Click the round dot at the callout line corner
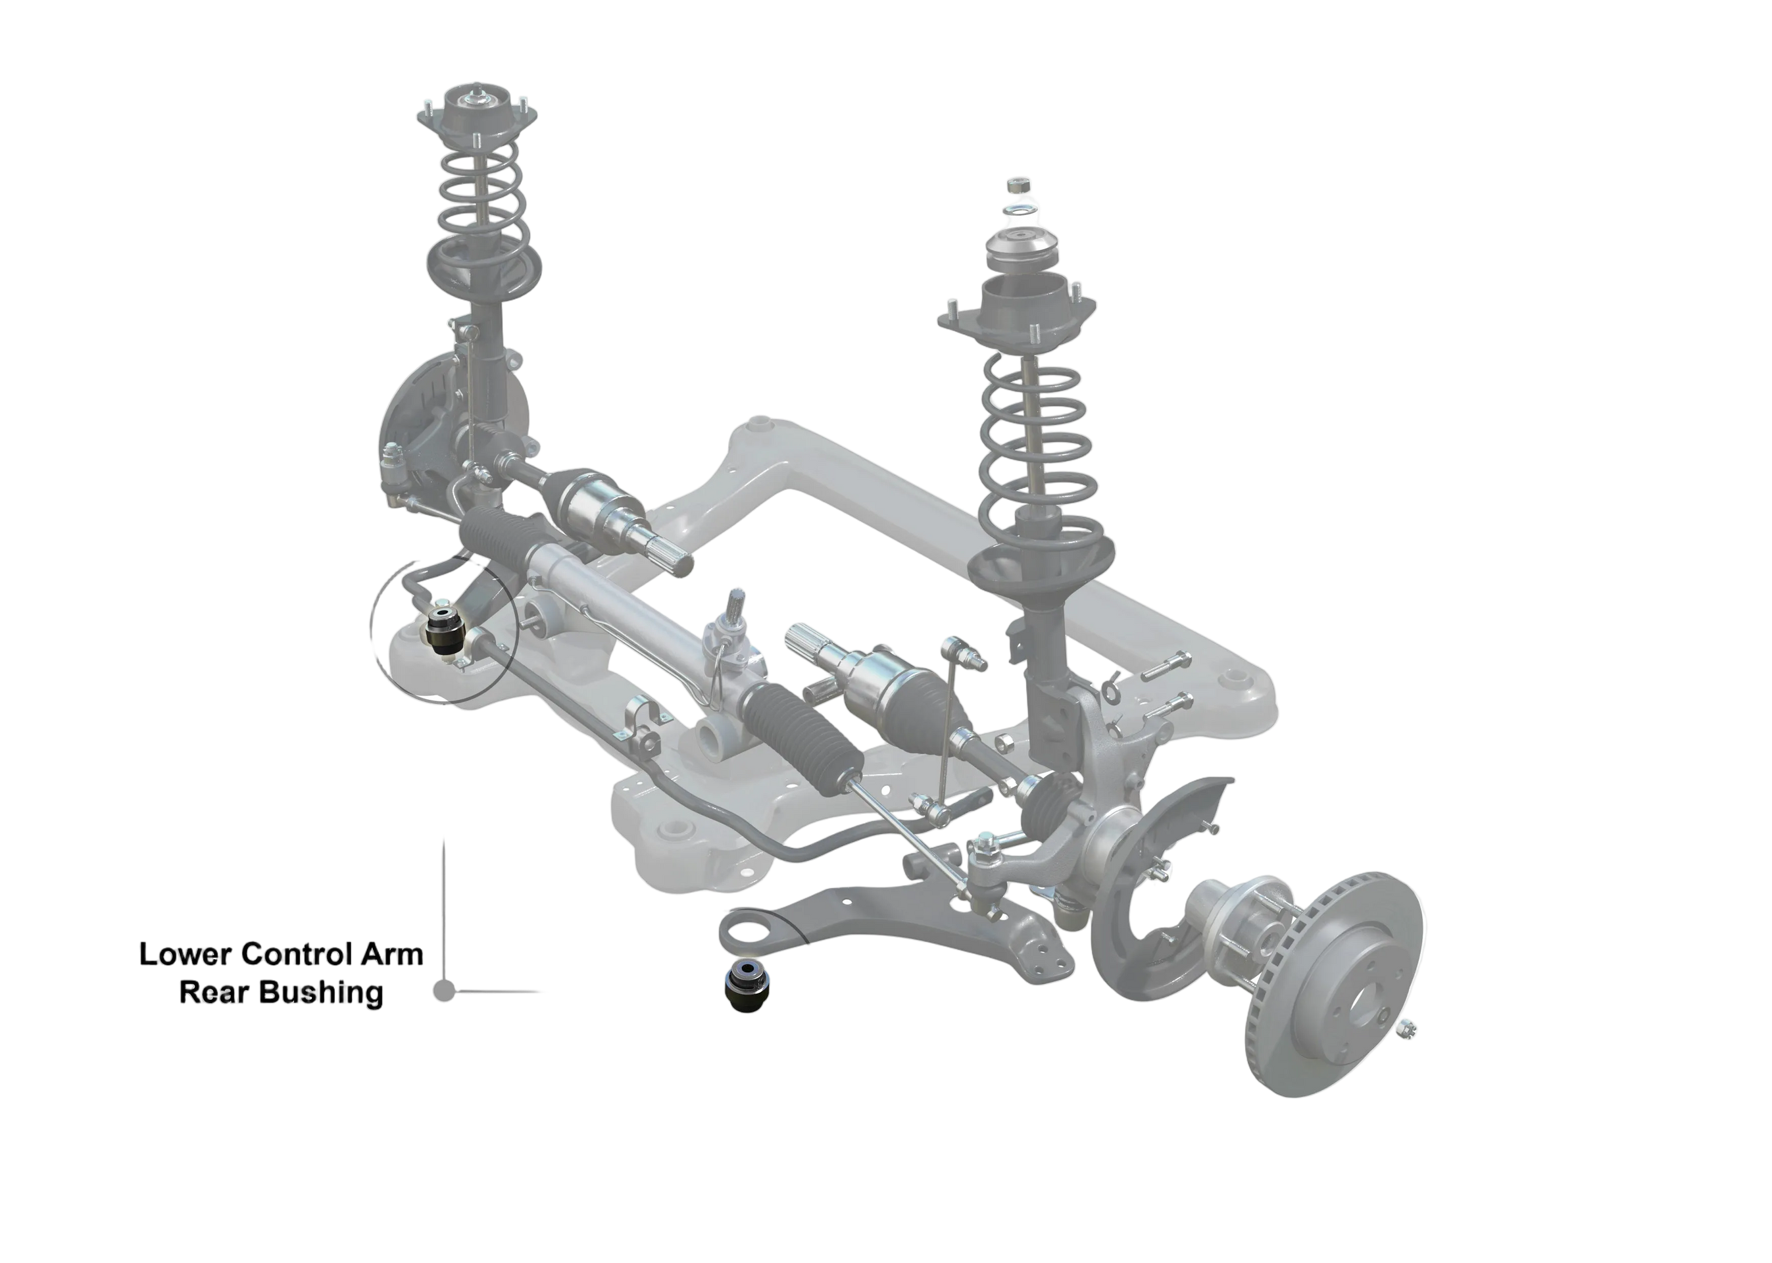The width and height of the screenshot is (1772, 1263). click(x=443, y=991)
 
